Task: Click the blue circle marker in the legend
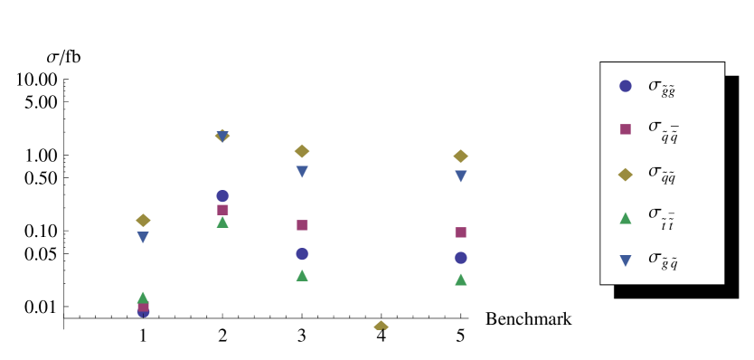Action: (x=625, y=86)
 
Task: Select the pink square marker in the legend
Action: (x=625, y=129)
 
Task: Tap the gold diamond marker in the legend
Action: (x=625, y=175)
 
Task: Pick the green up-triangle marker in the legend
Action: (x=625, y=218)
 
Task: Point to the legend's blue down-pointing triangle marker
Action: (x=625, y=261)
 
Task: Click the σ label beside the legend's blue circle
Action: (x=661, y=87)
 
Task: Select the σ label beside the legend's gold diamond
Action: (x=661, y=174)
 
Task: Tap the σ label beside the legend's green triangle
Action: (x=661, y=216)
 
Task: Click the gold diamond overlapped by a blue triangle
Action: (x=222, y=136)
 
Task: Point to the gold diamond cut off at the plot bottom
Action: (x=381, y=326)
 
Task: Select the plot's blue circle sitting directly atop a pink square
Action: (x=222, y=195)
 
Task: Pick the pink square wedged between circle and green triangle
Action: (x=222, y=210)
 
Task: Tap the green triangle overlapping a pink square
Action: (x=143, y=298)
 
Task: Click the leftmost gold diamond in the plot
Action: (x=143, y=220)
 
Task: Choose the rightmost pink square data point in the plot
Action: (x=460, y=232)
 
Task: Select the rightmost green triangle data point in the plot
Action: (x=460, y=279)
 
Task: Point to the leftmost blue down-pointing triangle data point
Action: (x=143, y=238)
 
